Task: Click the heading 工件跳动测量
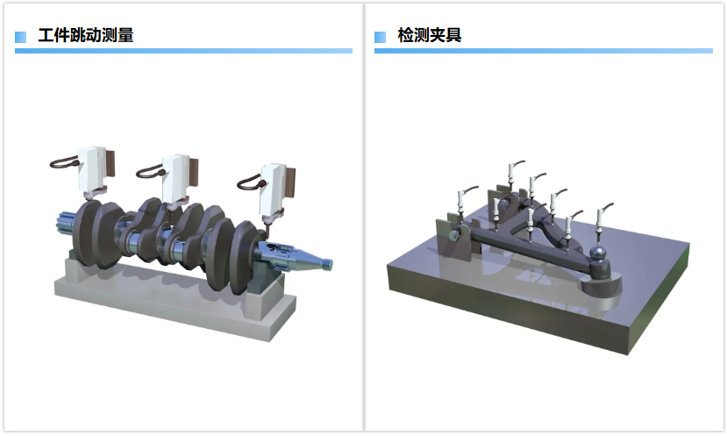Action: coord(86,35)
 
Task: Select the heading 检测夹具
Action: coord(430,35)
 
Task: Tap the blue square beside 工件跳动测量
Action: coord(20,37)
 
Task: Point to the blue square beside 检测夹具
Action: coord(381,37)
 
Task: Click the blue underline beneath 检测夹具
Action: coord(544,51)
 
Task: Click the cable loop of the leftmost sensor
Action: coord(63,162)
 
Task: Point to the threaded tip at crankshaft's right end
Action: coord(328,264)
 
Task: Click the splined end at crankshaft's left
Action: coord(65,225)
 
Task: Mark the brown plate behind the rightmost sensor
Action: coord(290,183)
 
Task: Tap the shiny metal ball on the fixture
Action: coord(598,253)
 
